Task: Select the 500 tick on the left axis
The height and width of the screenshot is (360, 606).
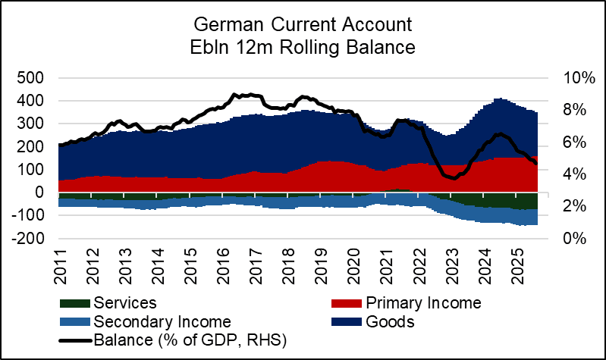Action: [30, 78]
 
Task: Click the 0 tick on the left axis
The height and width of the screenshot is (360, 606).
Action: [38, 193]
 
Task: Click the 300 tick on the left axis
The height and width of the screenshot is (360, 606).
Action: [30, 124]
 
